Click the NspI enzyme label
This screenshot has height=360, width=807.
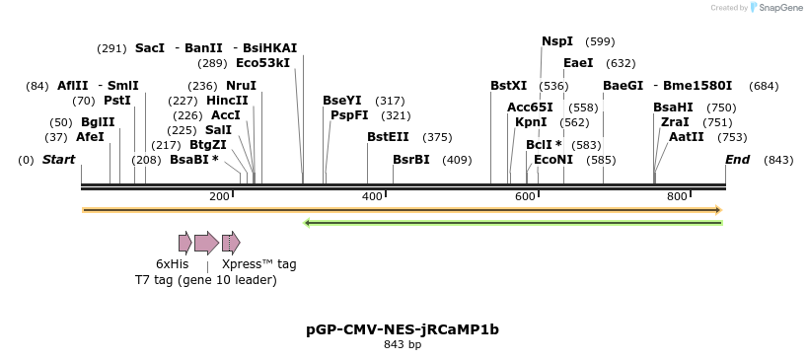tap(556, 41)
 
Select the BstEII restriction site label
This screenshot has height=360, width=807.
tap(388, 137)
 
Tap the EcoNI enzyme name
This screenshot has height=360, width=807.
tap(552, 160)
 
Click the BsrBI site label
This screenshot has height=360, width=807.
tap(411, 160)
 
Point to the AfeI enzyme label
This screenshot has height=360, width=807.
tap(90, 137)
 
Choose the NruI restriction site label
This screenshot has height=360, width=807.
tap(241, 86)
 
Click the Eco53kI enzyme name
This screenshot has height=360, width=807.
tap(262, 63)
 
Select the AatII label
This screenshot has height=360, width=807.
tap(686, 137)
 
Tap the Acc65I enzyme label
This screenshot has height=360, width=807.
tap(530, 108)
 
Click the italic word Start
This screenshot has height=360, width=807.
tap(58, 160)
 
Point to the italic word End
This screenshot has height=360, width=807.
tap(737, 160)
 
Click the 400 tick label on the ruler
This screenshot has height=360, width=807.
tap(372, 196)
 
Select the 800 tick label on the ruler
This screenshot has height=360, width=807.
tap(677, 196)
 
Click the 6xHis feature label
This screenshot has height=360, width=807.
tap(172, 264)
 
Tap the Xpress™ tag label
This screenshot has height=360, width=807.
tap(258, 264)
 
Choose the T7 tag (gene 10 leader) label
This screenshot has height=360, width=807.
tap(206, 280)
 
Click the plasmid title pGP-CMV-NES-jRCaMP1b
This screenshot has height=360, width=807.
tap(403, 329)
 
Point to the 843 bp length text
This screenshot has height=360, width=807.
tap(403, 345)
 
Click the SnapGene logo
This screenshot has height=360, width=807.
tap(778, 8)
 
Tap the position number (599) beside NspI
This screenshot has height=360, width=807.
tap(600, 41)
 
